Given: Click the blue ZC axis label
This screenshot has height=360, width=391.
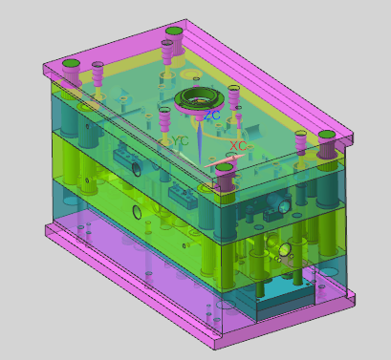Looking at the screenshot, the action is coord(212,115).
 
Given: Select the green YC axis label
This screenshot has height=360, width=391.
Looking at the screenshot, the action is coord(180,140).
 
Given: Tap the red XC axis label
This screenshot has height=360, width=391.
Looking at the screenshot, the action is coord(238,146).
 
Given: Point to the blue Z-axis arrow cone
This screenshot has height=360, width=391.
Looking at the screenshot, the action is coord(200,141).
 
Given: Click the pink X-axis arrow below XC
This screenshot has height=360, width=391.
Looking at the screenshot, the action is coord(225,160).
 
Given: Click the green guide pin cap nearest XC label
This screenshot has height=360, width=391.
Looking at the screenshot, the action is coord(225,167).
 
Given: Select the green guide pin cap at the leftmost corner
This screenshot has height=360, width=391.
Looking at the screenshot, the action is coord(72,63).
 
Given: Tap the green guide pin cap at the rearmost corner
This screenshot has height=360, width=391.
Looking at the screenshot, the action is coord(174,32).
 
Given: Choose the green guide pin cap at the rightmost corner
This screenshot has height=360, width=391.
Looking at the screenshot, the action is coord(327,135).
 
